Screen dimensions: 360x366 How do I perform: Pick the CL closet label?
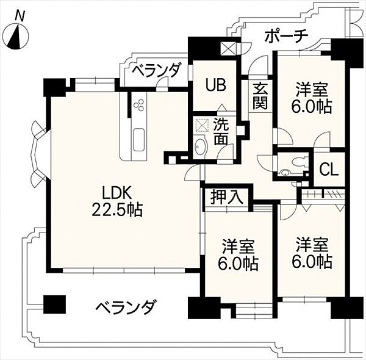(329, 170)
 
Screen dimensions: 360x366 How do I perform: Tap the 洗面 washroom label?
(222, 131)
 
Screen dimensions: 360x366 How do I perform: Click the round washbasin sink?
(201, 147)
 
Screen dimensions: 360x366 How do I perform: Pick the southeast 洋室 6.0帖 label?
(314, 254)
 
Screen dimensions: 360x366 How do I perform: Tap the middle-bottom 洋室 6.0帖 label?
(239, 256)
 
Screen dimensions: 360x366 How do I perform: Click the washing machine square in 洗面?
(201, 124)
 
